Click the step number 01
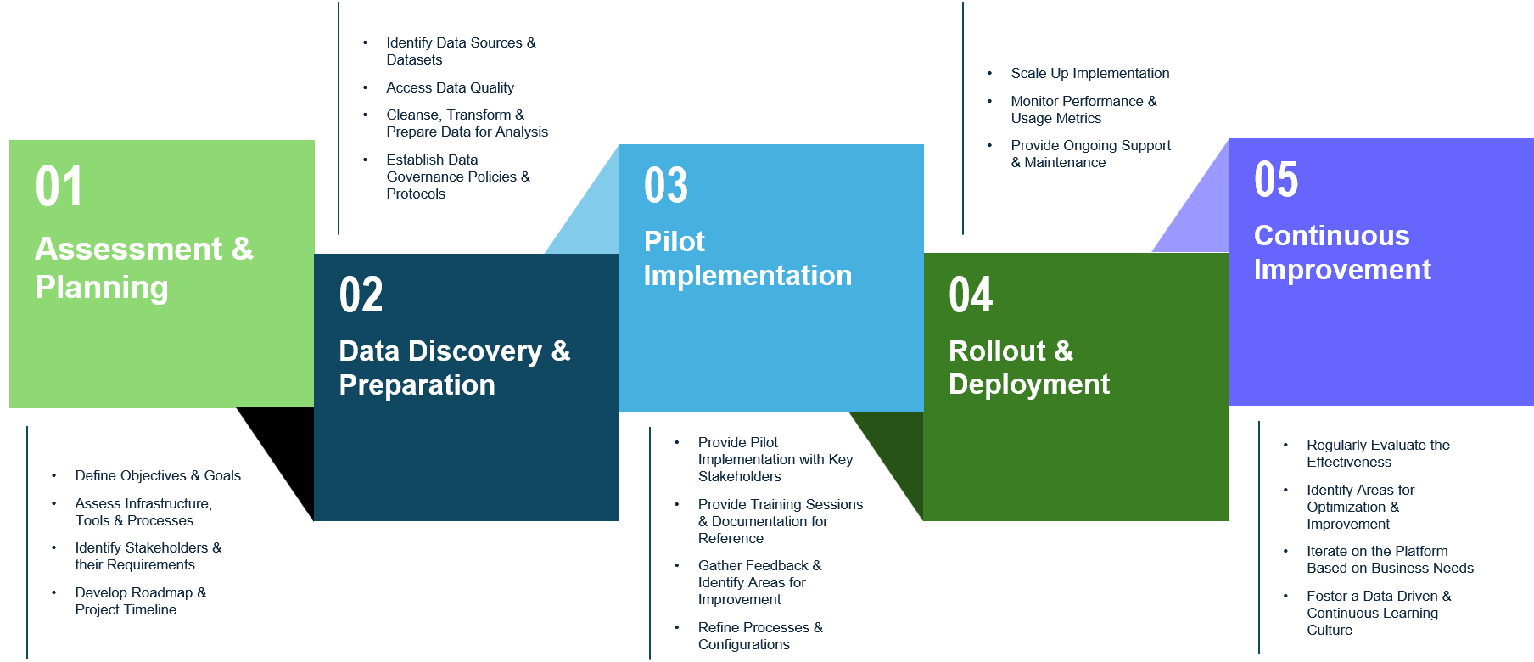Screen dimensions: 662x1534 coord(59,187)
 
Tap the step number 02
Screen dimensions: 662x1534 coord(361,295)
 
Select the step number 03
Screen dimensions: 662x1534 coord(665,186)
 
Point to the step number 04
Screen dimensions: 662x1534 coord(970,295)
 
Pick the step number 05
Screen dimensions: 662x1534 coord(1275,180)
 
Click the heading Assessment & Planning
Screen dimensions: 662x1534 coord(144,268)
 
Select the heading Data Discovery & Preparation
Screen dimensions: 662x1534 coord(454,367)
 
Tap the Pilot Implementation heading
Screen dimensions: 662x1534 coord(747,259)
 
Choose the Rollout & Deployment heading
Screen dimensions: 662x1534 coord(1028,367)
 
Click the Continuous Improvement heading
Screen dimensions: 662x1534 coord(1341,253)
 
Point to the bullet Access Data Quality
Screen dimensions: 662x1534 coord(450,88)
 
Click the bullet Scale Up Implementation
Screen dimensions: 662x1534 coord(1089,74)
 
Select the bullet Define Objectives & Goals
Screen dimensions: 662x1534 coord(158,476)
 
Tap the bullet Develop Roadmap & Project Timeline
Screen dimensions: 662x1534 coord(140,601)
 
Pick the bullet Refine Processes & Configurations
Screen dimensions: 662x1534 coord(759,636)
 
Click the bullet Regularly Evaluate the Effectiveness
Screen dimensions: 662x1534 coord(1377,453)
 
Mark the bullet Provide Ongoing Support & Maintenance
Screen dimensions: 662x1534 coord(1090,154)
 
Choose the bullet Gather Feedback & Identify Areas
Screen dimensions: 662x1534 coord(759,582)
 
